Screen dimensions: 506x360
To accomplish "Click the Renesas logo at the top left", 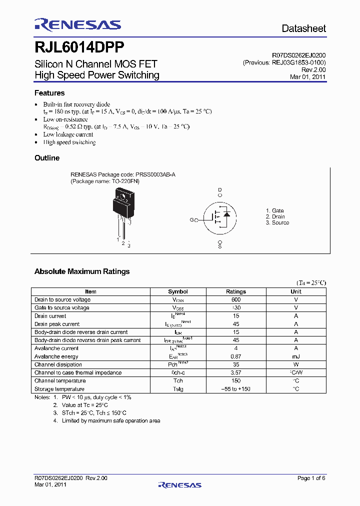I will pyautogui.click(x=77, y=25).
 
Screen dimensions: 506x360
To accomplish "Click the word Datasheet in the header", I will pyautogui.click(x=303, y=28).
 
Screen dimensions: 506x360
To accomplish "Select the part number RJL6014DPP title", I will pyautogui.click(x=79, y=47).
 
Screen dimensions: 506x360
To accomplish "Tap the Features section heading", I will pyautogui.click(x=49, y=93).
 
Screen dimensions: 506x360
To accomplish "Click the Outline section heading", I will pyautogui.click(x=47, y=158).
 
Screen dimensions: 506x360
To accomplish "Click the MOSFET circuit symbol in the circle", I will pyautogui.click(x=220, y=216).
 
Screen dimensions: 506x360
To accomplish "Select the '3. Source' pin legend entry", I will pyautogui.click(x=277, y=223).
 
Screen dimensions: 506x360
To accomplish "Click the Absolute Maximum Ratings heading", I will pyautogui.click(x=82, y=271).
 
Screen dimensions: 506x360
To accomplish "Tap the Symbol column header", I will pyautogui.click(x=178, y=291).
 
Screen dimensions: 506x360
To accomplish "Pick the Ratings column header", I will pyautogui.click(x=236, y=291).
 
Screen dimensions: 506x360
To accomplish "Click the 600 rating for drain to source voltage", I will pyautogui.click(x=236, y=299).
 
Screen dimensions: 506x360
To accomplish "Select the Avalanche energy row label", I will pyautogui.click(x=56, y=356).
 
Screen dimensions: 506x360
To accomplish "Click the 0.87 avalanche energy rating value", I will pyautogui.click(x=236, y=356).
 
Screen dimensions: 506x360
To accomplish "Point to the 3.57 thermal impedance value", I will pyautogui.click(x=236, y=372).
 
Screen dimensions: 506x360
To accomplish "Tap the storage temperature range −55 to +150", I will pyautogui.click(x=236, y=389).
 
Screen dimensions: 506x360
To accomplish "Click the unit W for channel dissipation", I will pyautogui.click(x=296, y=364).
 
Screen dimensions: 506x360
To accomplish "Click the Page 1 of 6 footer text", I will pyautogui.click(x=311, y=478).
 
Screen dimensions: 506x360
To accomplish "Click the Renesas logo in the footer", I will pyautogui.click(x=179, y=484).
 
